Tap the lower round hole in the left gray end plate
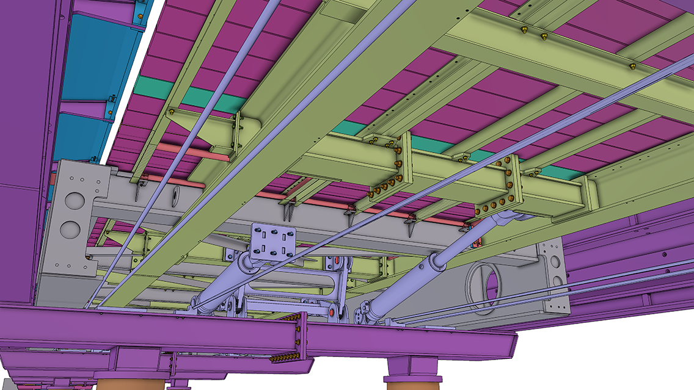tap(70, 229)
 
